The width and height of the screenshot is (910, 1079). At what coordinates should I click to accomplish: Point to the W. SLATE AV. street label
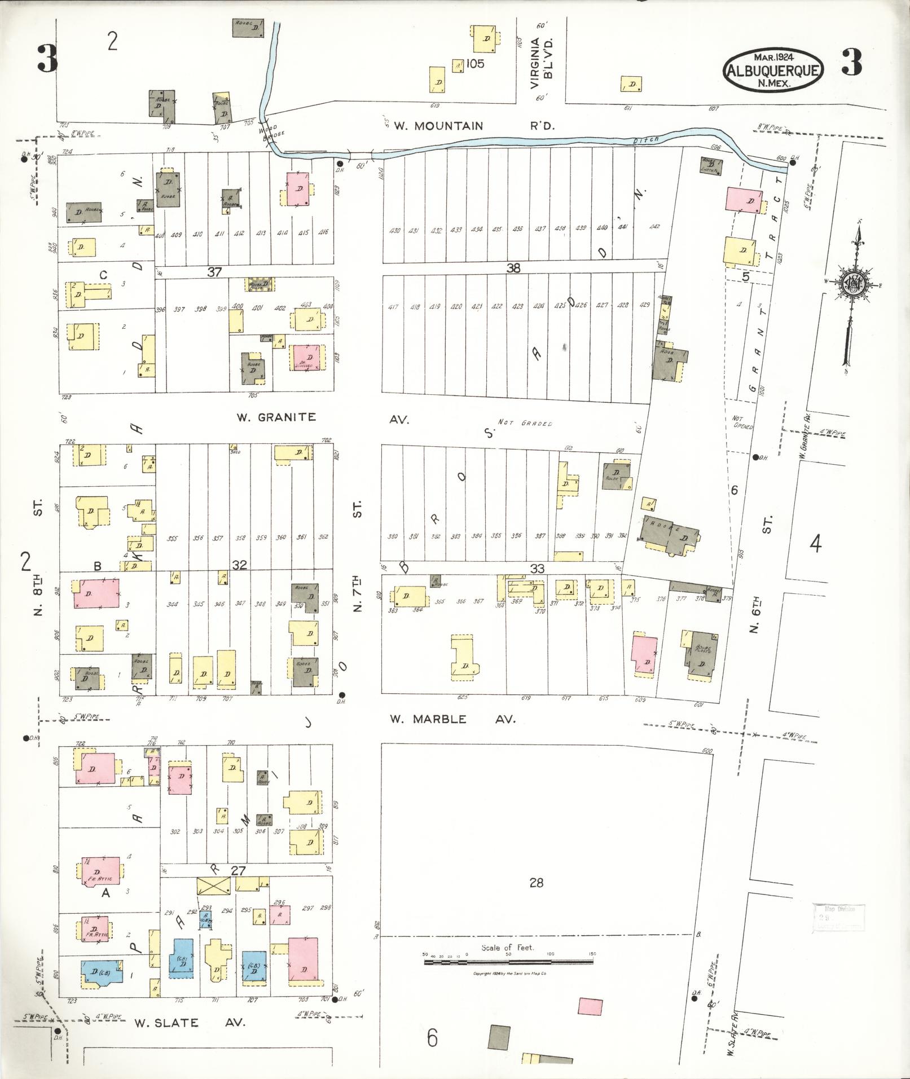[x=190, y=1023]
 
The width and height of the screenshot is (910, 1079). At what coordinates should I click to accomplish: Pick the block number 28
[x=536, y=882]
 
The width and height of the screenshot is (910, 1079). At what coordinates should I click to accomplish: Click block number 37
[x=214, y=272]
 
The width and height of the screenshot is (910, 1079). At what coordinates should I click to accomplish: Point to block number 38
[x=513, y=268]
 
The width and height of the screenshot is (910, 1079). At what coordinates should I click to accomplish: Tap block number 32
[x=239, y=564]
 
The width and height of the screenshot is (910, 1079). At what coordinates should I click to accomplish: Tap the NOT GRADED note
[x=525, y=423]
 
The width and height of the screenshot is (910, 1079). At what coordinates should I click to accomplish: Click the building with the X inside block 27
[x=213, y=886]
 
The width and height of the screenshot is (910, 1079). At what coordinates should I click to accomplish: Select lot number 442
[x=654, y=227]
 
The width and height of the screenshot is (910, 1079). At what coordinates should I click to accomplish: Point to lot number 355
[x=172, y=538]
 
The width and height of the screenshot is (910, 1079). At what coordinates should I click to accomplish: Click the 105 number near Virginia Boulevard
[x=474, y=64]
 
